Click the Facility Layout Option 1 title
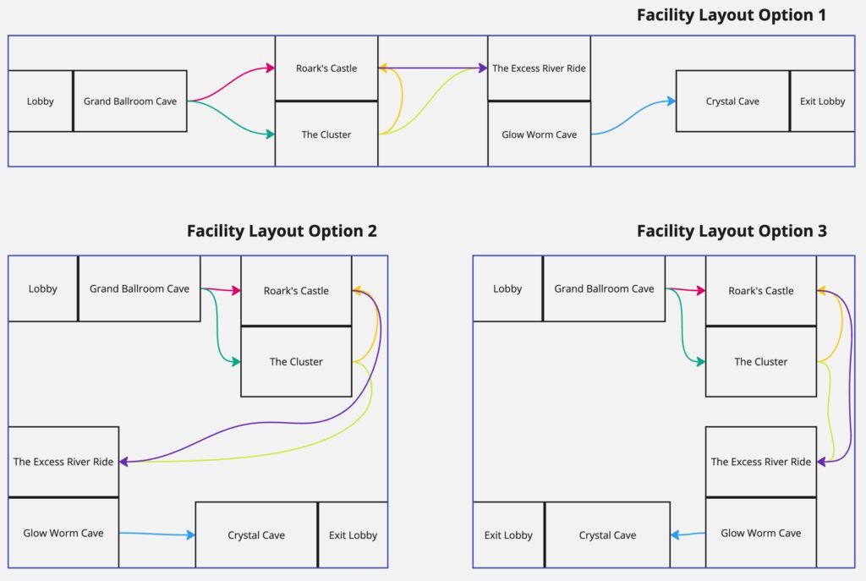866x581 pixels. pyautogui.click(x=732, y=14)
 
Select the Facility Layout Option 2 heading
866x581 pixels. pyautogui.click(x=282, y=231)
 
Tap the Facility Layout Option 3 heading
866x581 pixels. pyautogui.click(x=732, y=231)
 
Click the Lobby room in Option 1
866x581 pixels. pyautogui.click(x=40, y=101)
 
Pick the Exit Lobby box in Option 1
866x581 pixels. pyautogui.click(x=822, y=101)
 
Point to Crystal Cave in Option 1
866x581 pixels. pyautogui.click(x=732, y=101)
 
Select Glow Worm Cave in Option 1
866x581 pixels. pyautogui.click(x=539, y=134)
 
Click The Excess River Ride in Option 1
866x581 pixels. pyautogui.click(x=539, y=69)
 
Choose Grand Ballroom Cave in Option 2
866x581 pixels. pyautogui.click(x=140, y=289)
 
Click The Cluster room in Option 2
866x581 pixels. pyautogui.click(x=296, y=362)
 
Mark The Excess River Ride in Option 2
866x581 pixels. pyautogui.click(x=63, y=462)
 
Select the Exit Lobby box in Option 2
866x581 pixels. pyautogui.click(x=353, y=535)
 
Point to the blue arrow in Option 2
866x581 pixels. pyautogui.click(x=156, y=534)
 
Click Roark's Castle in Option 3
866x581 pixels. pyautogui.click(x=761, y=291)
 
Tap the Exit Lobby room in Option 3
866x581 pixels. pyautogui.click(x=508, y=535)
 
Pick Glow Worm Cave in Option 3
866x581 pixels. pyautogui.click(x=761, y=534)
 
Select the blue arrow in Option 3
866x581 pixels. pyautogui.click(x=688, y=534)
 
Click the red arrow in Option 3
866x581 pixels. pyautogui.click(x=686, y=290)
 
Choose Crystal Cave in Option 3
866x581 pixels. pyautogui.click(x=607, y=535)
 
